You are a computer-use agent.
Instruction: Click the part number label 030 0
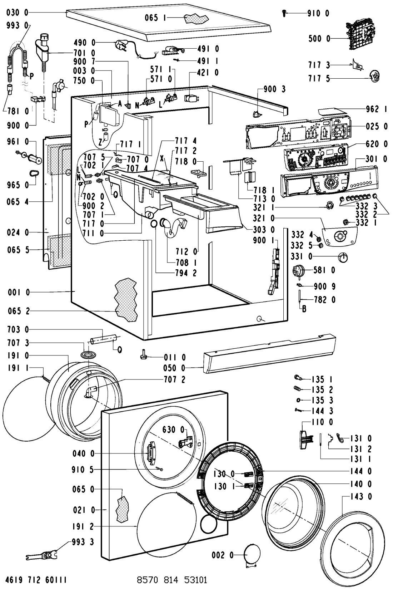tap(18, 13)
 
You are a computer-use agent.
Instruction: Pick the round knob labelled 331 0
tap(343, 257)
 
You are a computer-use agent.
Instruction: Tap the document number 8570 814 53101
tap(172, 579)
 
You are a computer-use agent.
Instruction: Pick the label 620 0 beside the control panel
tap(375, 144)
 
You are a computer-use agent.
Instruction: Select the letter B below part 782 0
tap(304, 310)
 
